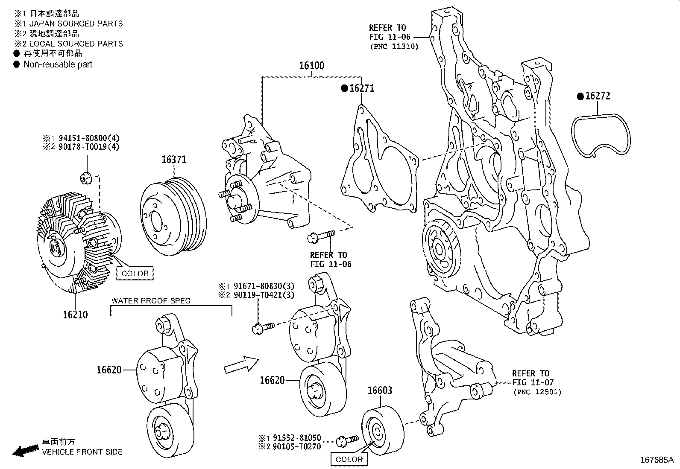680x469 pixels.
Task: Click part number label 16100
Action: click(x=311, y=66)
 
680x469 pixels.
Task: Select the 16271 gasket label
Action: click(x=361, y=88)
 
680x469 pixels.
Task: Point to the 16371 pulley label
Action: click(x=174, y=160)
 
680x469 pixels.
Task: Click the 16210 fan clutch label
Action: click(x=75, y=315)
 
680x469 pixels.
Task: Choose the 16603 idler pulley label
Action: click(x=380, y=390)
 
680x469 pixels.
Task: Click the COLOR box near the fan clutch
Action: click(x=135, y=274)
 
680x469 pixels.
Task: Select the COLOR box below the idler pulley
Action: click(x=349, y=459)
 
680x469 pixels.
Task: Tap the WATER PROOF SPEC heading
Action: click(x=151, y=300)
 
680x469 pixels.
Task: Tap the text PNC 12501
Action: click(x=537, y=392)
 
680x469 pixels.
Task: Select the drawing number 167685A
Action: click(x=656, y=460)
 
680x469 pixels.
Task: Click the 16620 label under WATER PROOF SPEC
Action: click(x=109, y=370)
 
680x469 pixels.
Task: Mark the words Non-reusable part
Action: click(x=58, y=64)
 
